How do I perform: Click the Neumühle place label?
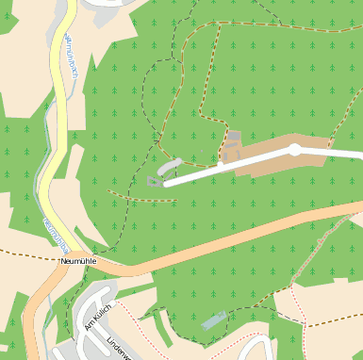[77, 260]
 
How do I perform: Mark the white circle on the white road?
[295, 150]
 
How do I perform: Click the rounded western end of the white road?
[168, 184]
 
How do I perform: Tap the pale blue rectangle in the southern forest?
[214, 319]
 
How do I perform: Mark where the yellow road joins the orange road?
[94, 264]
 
